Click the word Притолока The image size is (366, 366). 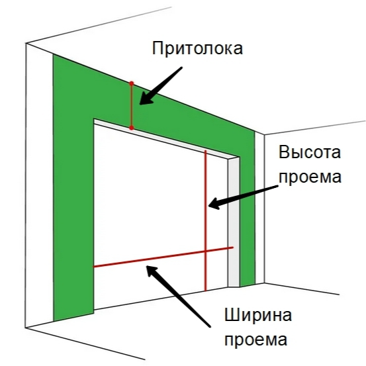pos(197,48)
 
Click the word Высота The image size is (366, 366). pos(310,152)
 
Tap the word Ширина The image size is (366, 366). pos(258,315)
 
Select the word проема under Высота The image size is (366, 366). pos(310,177)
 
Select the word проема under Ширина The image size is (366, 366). pos(255,340)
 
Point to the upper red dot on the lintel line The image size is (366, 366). pos(132,83)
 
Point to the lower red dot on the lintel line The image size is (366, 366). pos(132,128)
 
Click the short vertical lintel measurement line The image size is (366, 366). pos(132,105)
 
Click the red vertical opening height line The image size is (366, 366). pos(206,220)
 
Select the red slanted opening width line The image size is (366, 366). pos(163,257)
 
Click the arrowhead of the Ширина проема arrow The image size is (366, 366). pos(152,272)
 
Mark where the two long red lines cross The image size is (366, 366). pos(206,251)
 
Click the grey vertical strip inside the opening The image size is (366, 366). pos(234,222)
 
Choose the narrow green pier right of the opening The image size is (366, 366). pos(248,210)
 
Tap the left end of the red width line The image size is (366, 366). pos(93,267)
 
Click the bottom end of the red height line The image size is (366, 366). pos(206,291)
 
